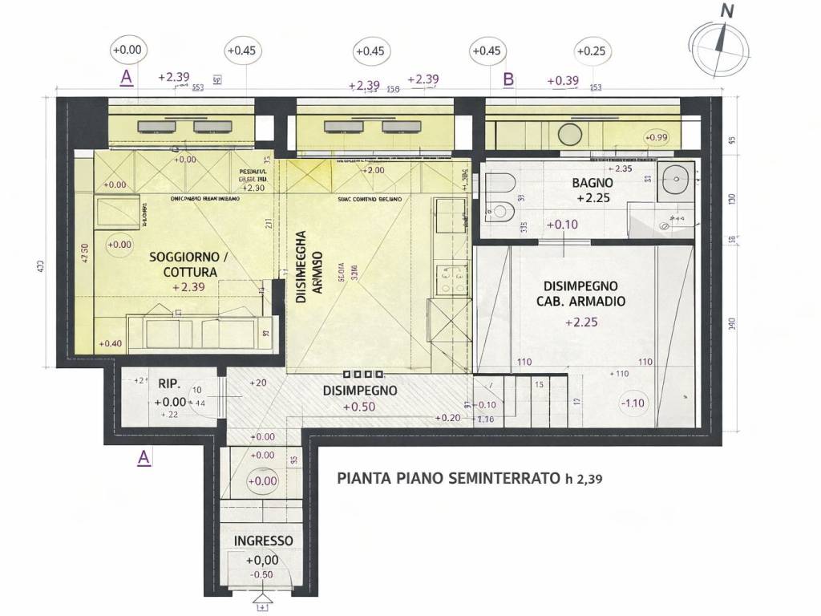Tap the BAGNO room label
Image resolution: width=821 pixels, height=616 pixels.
[592, 182]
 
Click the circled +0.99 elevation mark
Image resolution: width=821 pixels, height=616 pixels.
[656, 138]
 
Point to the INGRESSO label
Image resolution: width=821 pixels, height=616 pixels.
[263, 541]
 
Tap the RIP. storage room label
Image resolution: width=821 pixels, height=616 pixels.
[168, 383]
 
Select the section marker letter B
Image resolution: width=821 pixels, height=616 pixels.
[508, 79]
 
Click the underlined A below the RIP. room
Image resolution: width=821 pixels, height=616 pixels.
[143, 458]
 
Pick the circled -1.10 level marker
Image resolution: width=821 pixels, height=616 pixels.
[633, 403]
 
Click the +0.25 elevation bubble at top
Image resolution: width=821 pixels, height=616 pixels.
[590, 51]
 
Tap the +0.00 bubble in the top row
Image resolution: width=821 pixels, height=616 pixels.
[127, 50]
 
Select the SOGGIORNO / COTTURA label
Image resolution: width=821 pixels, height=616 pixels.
[188, 265]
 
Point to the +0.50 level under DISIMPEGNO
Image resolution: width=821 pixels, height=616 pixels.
[358, 407]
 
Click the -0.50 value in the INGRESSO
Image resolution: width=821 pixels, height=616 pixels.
[261, 574]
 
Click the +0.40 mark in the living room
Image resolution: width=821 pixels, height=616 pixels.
[110, 343]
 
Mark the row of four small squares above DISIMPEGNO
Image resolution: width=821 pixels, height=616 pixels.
[362, 375]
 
